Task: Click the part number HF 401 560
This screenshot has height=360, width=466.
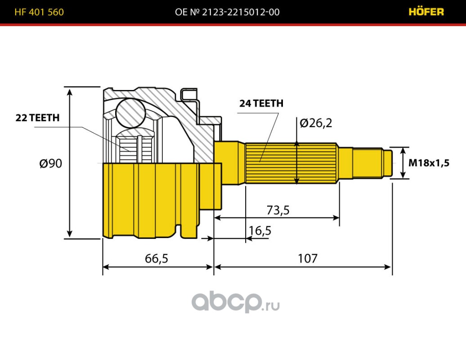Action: pos(39,12)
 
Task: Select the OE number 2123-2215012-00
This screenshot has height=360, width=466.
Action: pos(227,12)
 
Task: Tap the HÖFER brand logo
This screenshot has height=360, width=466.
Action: pos(426,12)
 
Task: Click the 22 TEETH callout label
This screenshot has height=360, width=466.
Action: pos(37,118)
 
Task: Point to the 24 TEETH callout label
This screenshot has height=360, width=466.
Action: pos(261,103)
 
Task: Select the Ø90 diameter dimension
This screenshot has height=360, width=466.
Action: pos(50,163)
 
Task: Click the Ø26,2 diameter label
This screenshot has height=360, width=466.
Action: pos(316,122)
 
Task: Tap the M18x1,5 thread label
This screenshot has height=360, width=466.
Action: pos(429,163)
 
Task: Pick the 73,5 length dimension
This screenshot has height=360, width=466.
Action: pos(278,210)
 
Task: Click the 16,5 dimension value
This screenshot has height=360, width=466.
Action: pos(260,230)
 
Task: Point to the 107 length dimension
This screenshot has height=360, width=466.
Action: pos(308,259)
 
